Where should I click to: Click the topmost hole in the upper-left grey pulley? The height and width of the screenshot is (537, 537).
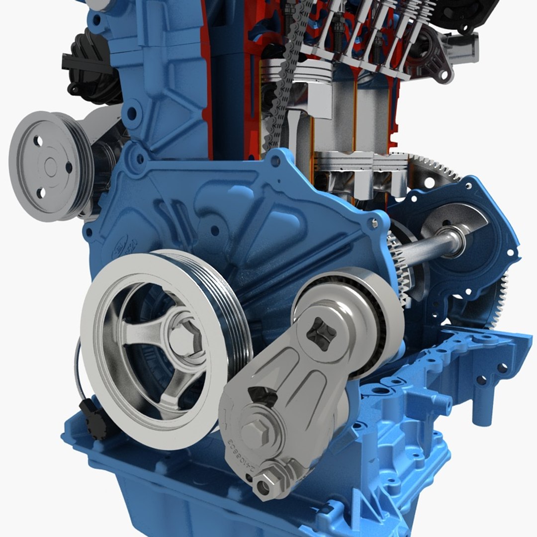tap(38, 141)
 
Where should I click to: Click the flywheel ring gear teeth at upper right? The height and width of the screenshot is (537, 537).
tap(438, 167)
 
